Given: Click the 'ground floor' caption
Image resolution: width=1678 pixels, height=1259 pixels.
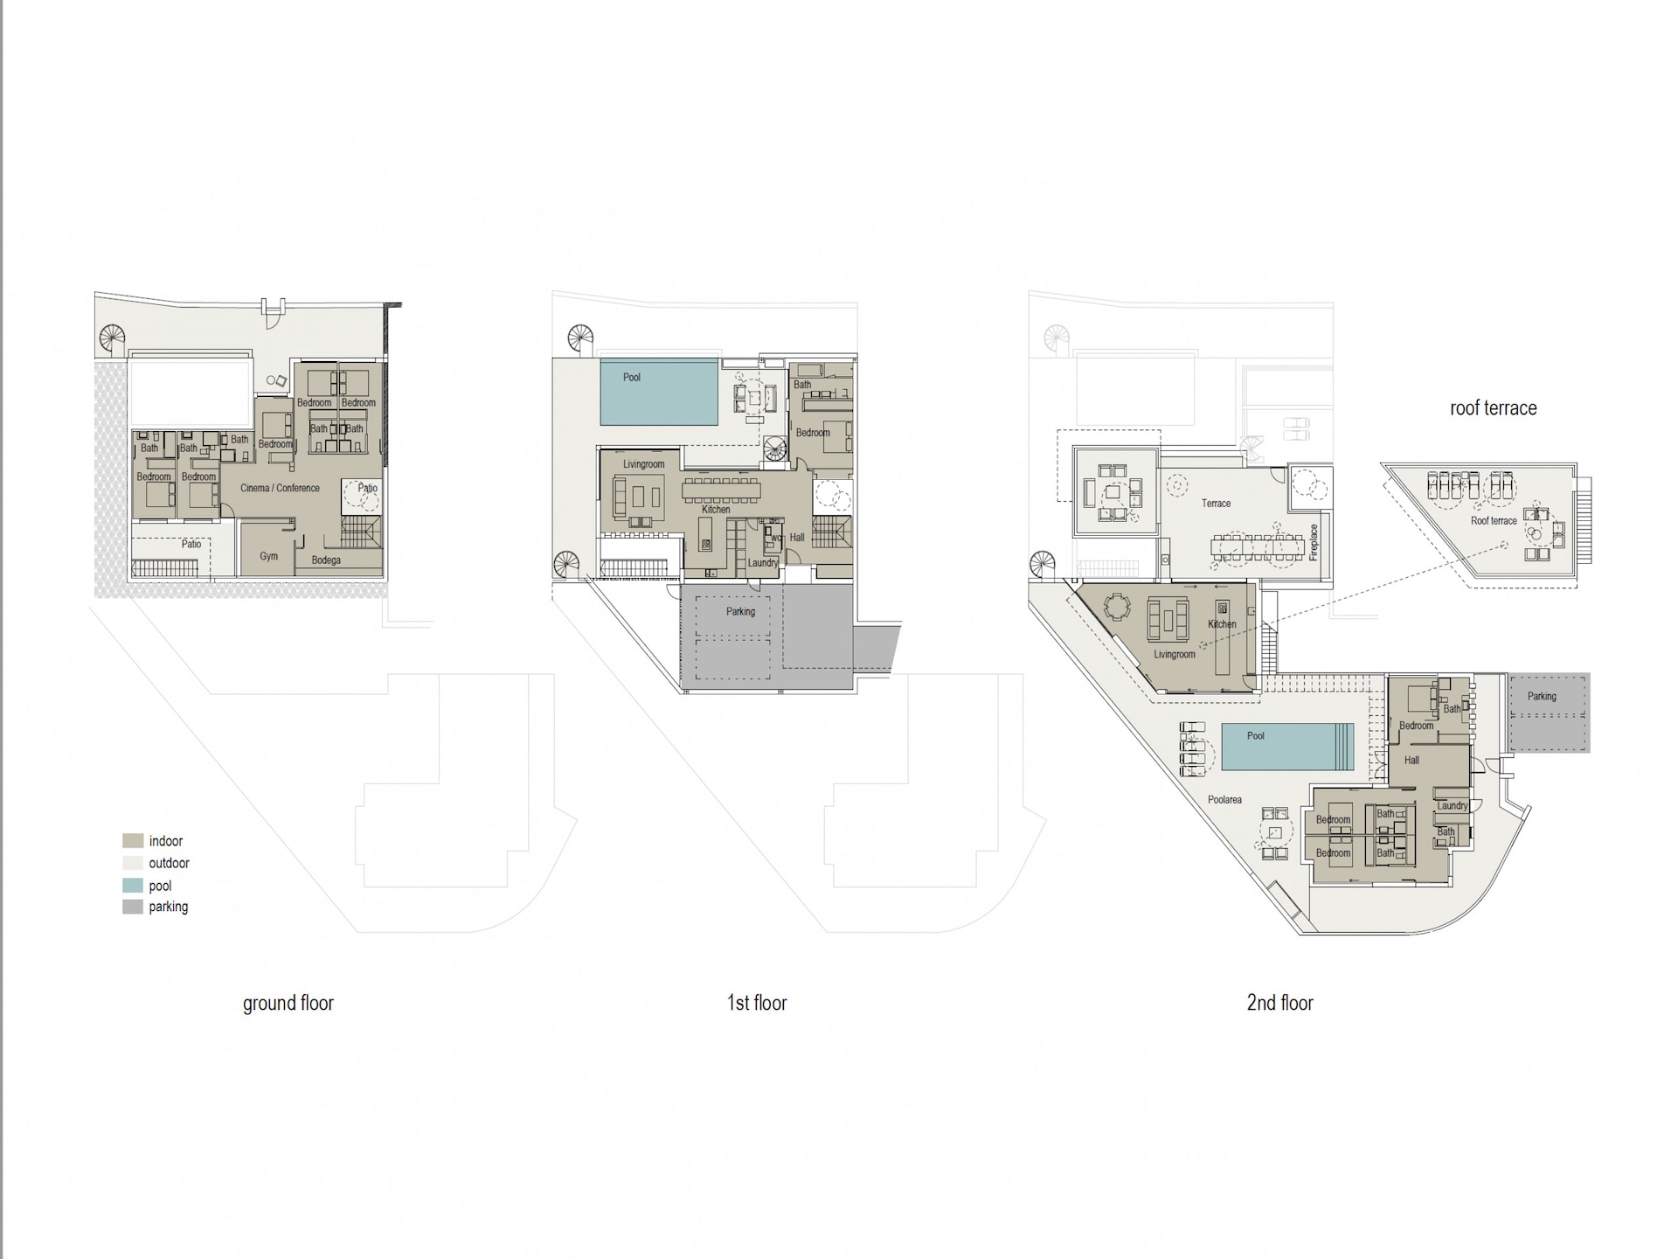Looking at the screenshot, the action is click(288, 1003).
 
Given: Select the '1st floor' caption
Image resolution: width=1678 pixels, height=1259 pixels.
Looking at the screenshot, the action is click(757, 1003).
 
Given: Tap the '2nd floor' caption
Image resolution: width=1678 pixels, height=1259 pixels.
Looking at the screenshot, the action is click(1279, 1003).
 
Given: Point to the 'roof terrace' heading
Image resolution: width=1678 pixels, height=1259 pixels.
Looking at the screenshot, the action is click(1493, 408).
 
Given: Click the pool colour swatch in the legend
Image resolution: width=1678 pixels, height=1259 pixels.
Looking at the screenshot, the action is click(133, 885).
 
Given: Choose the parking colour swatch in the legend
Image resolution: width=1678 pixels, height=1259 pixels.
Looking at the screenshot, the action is click(133, 907).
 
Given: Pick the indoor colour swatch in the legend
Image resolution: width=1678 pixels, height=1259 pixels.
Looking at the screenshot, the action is click(133, 841).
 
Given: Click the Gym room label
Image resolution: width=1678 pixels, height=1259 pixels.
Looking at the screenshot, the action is click(269, 556).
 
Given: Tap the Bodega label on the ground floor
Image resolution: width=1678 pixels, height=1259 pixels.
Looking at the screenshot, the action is click(326, 560).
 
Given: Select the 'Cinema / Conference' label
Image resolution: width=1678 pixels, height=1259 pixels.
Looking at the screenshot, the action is click(281, 488).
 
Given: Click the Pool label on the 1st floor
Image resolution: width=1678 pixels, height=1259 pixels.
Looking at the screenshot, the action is click(632, 378).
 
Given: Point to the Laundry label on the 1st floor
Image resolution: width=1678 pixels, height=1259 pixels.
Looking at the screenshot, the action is click(763, 563).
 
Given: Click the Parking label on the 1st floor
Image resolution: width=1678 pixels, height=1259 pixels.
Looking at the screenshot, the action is click(740, 612).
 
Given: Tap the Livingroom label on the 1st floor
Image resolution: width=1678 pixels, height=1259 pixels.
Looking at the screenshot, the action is click(644, 464).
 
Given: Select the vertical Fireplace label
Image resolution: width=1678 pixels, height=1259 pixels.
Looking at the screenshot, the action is click(1314, 542).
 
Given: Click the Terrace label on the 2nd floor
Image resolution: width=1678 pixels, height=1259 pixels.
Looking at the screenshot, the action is click(1216, 504).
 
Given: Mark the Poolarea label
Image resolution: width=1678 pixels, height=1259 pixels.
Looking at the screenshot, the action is click(1224, 800).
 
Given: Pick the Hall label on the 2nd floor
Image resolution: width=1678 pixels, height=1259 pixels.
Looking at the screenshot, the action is click(1411, 761).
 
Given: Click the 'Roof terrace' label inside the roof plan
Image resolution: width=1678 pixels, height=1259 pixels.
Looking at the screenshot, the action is click(1494, 521).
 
